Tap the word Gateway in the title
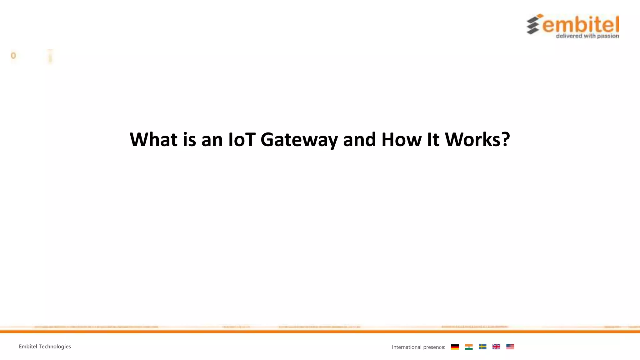click(299, 140)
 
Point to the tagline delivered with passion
click(587, 36)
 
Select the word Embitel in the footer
click(28, 346)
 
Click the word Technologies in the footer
click(55, 346)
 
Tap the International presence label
click(418, 347)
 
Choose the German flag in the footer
click(455, 347)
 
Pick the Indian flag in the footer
click(469, 347)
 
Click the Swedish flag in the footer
click(482, 347)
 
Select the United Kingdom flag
click(496, 347)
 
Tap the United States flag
click(510, 347)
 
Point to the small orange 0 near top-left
click(13, 56)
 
